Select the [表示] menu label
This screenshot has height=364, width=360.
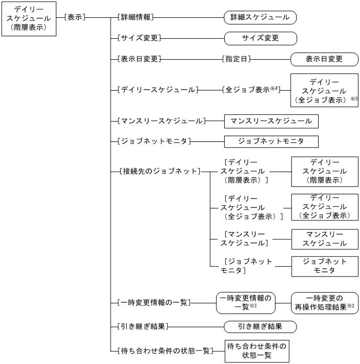point(73,17)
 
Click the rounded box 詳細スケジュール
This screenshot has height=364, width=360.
point(260,17)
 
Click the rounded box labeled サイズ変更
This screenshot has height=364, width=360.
point(260,38)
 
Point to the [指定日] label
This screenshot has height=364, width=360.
point(237,59)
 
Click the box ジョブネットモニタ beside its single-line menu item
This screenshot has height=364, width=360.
point(271,141)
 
